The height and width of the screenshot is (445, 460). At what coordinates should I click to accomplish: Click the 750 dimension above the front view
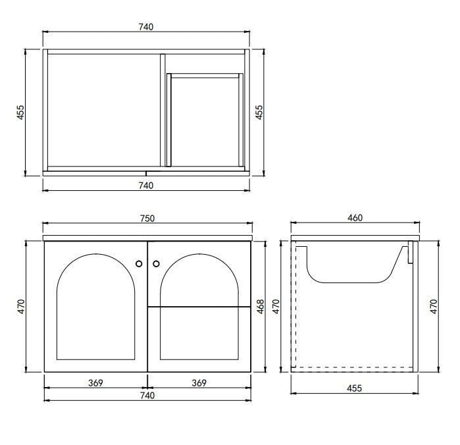click(146, 218)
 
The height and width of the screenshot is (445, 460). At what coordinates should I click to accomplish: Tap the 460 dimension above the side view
click(356, 218)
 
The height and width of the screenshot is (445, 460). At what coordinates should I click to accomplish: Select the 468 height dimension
click(260, 306)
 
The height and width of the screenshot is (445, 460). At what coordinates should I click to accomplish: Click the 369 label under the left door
click(95, 382)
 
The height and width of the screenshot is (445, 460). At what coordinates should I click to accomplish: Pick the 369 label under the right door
click(198, 382)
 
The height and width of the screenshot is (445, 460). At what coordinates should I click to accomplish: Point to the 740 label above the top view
click(146, 27)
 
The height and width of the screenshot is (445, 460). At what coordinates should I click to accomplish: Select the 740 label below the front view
click(146, 395)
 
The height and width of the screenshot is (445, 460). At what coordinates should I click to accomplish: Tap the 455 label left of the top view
click(20, 113)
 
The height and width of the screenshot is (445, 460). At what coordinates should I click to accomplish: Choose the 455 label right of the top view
click(259, 113)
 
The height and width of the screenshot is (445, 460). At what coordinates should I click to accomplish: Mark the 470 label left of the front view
click(20, 306)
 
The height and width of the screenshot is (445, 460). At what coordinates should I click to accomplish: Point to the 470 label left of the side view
click(276, 306)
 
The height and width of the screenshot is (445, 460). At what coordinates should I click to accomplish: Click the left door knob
click(139, 264)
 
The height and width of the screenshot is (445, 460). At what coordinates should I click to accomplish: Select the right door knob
click(156, 264)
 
